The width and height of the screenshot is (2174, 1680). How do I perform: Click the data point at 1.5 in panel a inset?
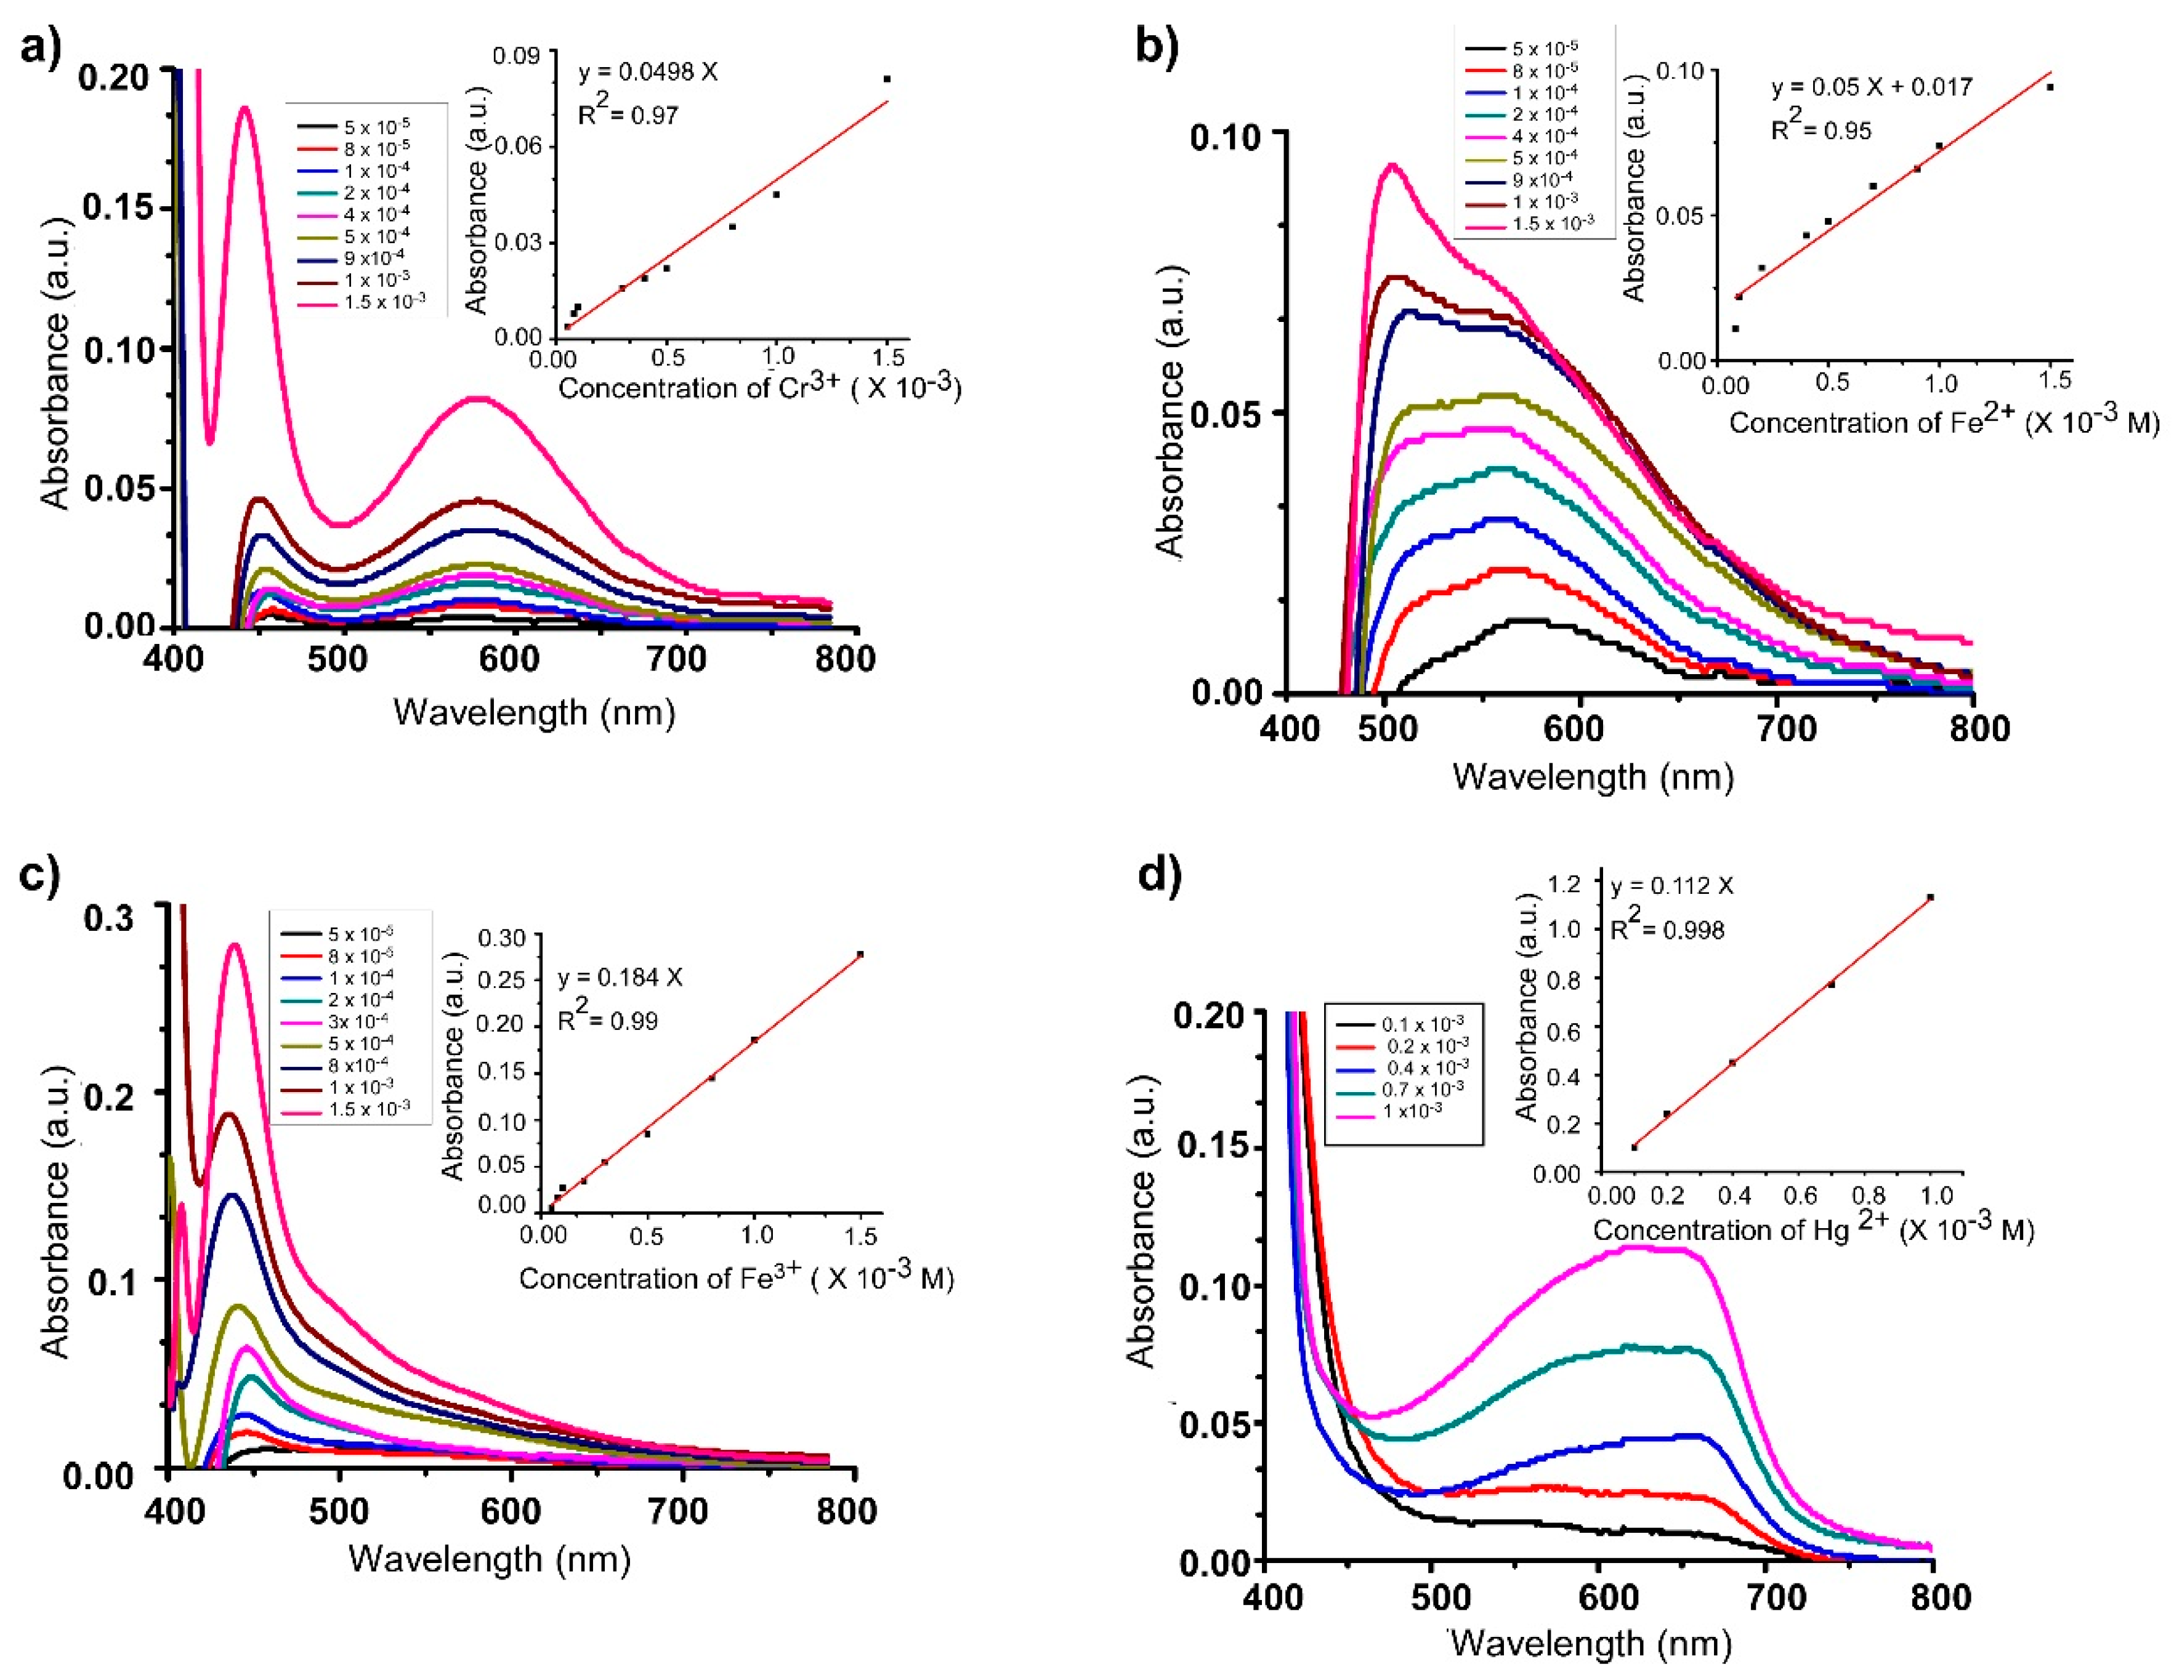click(x=886, y=79)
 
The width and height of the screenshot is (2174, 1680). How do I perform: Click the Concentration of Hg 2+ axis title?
click(x=1812, y=1229)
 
